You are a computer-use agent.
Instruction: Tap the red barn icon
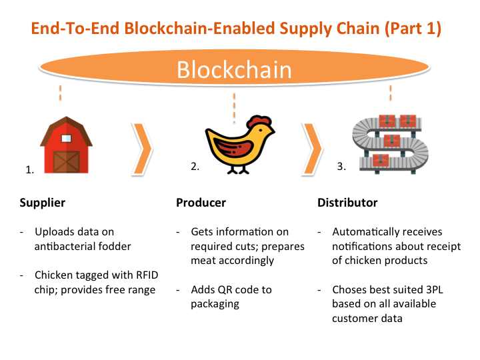65,147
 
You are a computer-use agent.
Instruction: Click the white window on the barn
67,137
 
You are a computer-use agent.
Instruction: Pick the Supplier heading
43,203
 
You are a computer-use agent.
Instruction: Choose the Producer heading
201,203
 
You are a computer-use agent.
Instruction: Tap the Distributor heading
347,203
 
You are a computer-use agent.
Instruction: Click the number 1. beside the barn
29,170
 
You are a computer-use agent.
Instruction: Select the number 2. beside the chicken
195,167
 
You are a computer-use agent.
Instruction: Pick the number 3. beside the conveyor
341,167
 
